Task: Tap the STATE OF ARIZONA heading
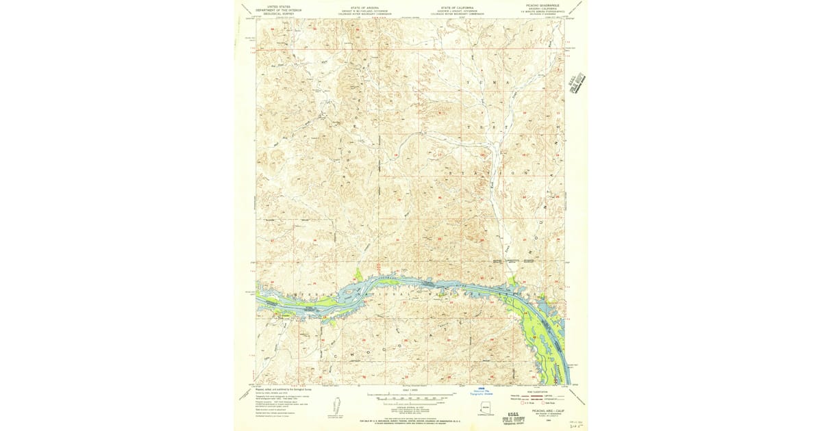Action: (362, 6)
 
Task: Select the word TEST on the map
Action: (484, 128)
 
